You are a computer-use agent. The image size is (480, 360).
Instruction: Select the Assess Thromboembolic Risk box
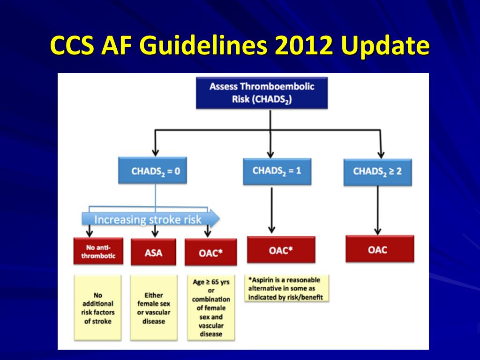pos(262,93)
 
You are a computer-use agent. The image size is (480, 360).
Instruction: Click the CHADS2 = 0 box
pos(156,171)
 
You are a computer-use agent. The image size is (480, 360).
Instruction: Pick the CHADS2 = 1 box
pos(277,171)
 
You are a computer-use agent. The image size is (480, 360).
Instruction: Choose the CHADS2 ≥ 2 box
pos(377,171)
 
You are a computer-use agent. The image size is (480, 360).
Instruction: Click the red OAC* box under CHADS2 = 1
pos(281,250)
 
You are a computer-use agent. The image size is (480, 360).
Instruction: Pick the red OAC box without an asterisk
pos(380,249)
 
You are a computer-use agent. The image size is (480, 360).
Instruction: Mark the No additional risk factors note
pos(98,307)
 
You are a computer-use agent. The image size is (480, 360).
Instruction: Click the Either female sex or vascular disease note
pos(154,307)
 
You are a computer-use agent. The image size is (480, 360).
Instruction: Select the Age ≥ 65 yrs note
pos(210,307)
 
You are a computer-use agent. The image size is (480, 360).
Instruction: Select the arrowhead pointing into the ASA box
pos(155,233)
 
